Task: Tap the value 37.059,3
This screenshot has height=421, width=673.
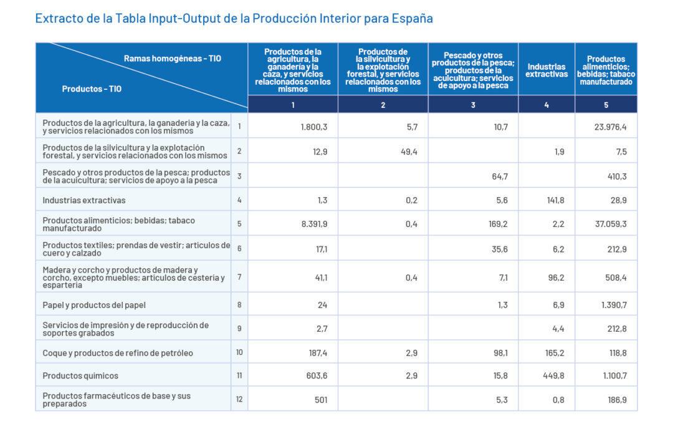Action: [611, 224]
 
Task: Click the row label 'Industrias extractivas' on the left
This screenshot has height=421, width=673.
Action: [84, 200]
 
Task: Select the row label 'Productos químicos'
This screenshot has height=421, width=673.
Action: [80, 375]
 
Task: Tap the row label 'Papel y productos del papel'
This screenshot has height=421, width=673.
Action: [94, 305]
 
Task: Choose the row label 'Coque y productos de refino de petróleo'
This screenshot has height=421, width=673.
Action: [118, 352]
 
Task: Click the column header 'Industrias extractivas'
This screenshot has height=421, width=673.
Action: [547, 70]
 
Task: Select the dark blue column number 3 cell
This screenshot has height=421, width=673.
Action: [473, 105]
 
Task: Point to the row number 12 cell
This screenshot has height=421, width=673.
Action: [239, 399]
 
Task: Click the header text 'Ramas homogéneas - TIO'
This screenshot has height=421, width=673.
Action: [172, 59]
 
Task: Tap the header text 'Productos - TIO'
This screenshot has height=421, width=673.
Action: [92, 89]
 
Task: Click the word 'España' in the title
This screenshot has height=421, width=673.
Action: [412, 18]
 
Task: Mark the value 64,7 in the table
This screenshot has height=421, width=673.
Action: [500, 177]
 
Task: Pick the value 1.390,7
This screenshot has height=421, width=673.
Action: [614, 305]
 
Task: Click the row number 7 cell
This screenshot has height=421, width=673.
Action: [239, 277]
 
